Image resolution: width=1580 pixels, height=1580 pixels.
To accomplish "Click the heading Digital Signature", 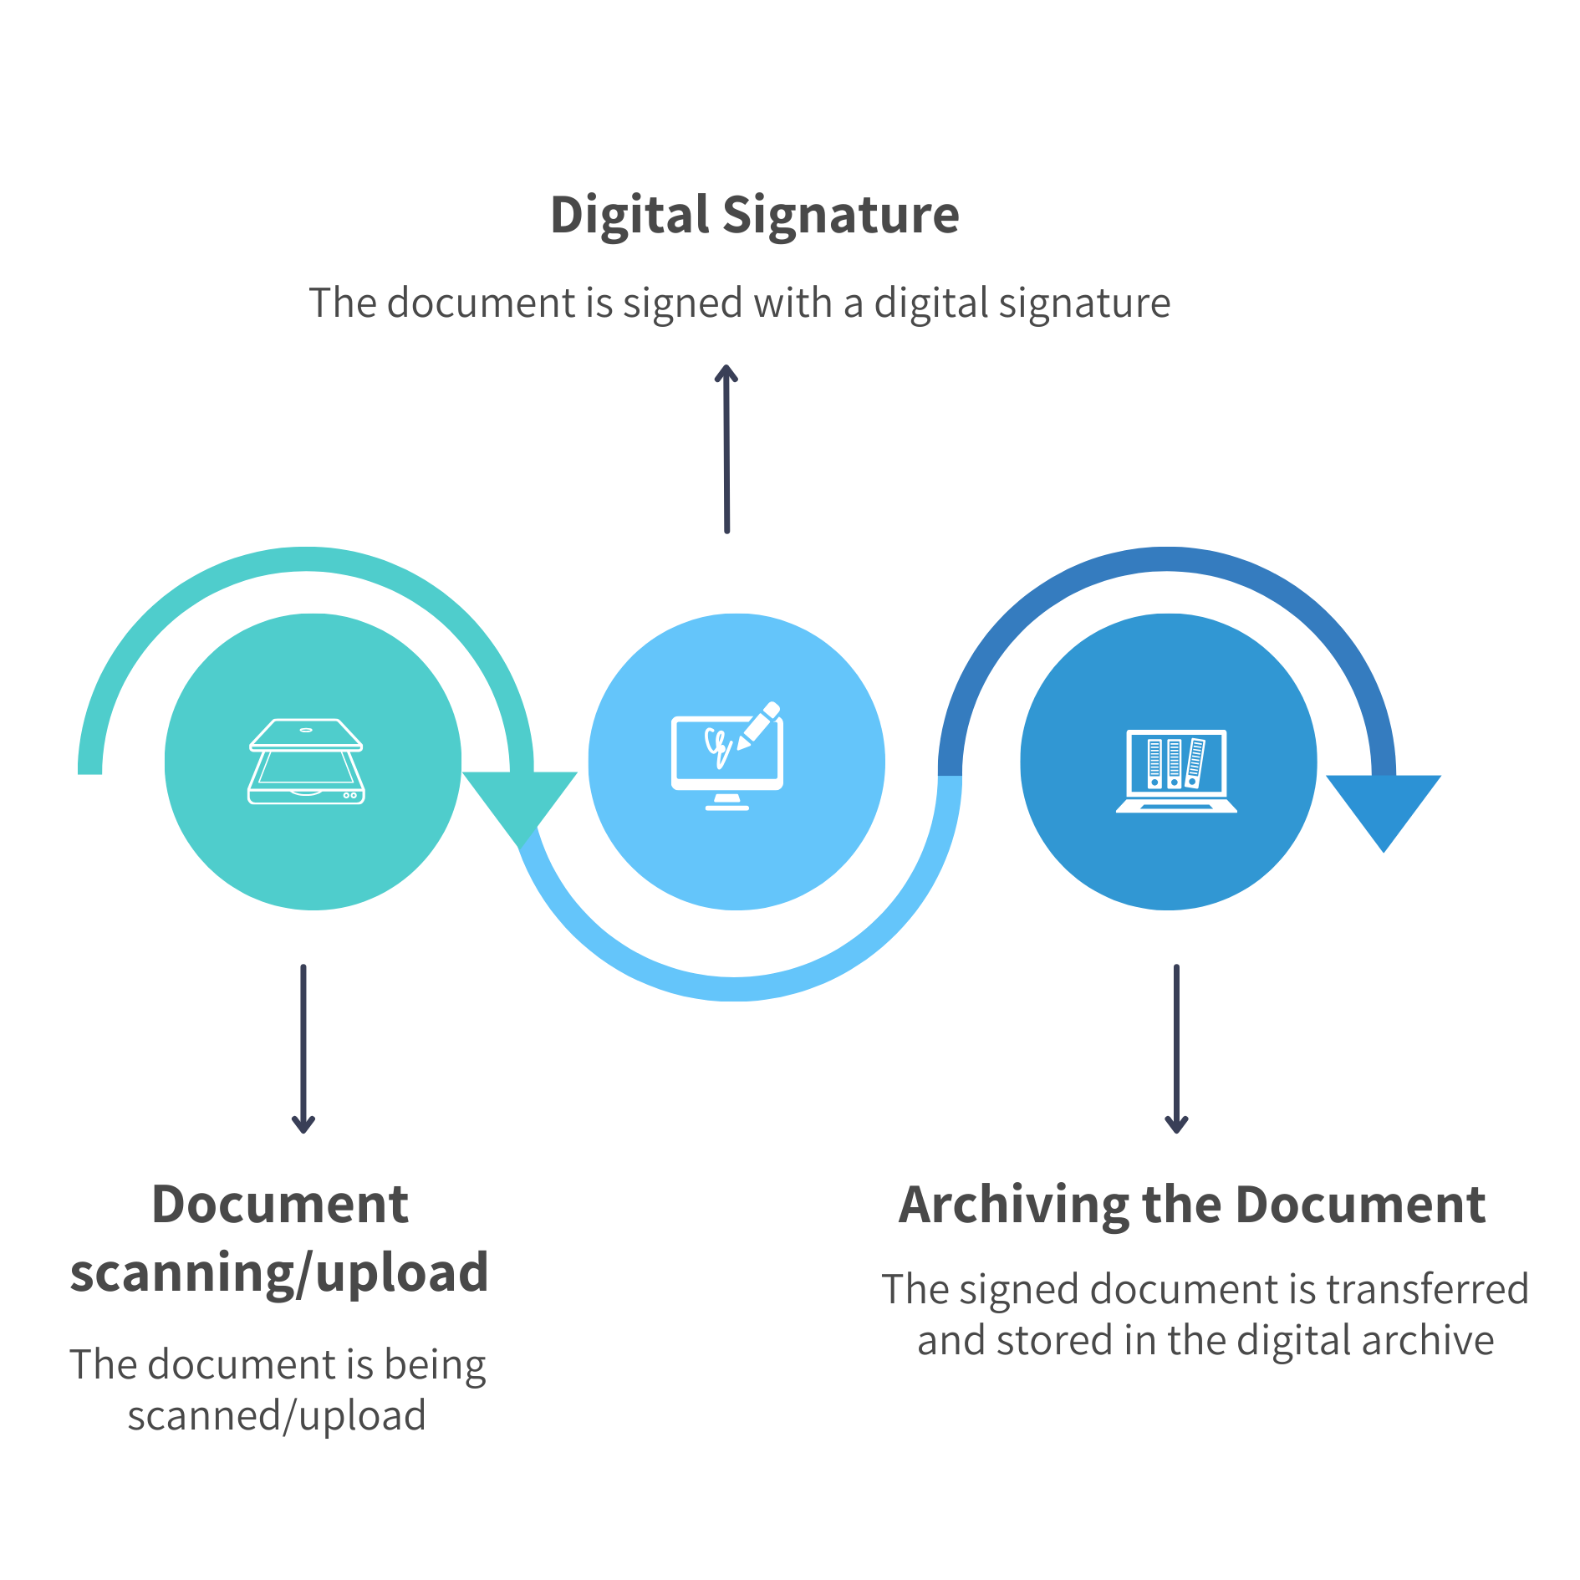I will pyautogui.click(x=754, y=216).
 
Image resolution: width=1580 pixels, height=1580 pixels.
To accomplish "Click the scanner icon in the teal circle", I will pyautogui.click(x=306, y=761).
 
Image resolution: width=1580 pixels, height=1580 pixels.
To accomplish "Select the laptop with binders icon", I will pyautogui.click(x=1175, y=770).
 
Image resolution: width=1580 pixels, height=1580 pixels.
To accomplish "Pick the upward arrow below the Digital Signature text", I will pyautogui.click(x=726, y=447).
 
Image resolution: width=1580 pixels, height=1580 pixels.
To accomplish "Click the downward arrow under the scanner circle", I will pyautogui.click(x=303, y=1048).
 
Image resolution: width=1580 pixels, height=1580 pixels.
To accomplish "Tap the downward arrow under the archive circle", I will pyautogui.click(x=1176, y=1048).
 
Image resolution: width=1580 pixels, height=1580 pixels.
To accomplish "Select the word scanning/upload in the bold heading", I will pyautogui.click(x=279, y=1273).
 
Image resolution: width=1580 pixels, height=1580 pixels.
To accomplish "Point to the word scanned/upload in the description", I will pyautogui.click(x=277, y=1416).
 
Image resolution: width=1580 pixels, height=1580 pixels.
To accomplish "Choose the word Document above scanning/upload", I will pyautogui.click(x=280, y=1205).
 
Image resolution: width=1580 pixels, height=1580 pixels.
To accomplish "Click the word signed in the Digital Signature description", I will pyautogui.click(x=682, y=303).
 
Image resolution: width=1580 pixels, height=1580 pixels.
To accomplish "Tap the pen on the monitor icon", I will pyautogui.click(x=759, y=724).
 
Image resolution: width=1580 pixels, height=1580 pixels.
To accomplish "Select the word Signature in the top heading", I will pyautogui.click(x=840, y=216).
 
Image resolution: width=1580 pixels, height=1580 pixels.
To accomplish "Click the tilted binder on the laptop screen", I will pyautogui.click(x=1195, y=762).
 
